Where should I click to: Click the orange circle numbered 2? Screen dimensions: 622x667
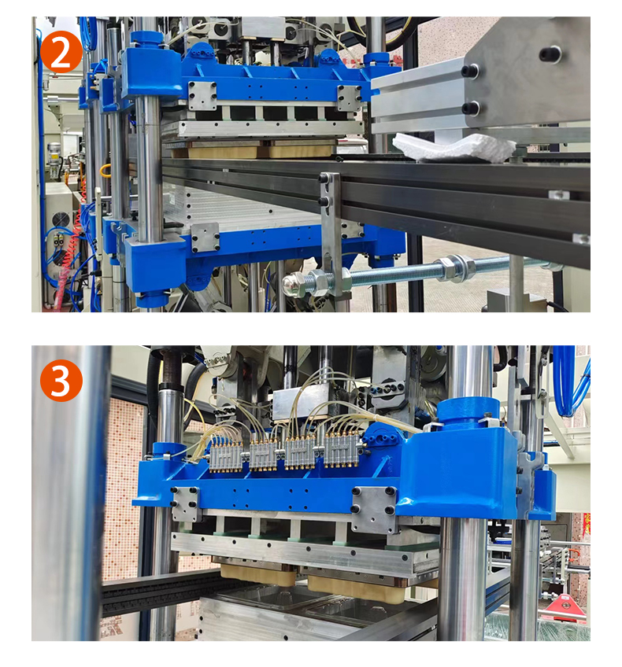coord(61,51)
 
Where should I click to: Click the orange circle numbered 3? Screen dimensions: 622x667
coord(61,381)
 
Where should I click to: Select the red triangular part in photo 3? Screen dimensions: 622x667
coord(565,607)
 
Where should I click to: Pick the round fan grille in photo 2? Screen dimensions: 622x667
coord(60,220)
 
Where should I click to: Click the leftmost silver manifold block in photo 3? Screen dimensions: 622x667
coord(226,456)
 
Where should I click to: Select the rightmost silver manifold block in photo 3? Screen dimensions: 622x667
coord(342,451)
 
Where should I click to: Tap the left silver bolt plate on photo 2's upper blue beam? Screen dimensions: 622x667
coord(202,96)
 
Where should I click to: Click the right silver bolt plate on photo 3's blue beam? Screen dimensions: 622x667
coord(373,510)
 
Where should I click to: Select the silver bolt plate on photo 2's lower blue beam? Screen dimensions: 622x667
coord(205,238)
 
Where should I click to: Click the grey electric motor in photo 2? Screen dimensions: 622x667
coord(54,160)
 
